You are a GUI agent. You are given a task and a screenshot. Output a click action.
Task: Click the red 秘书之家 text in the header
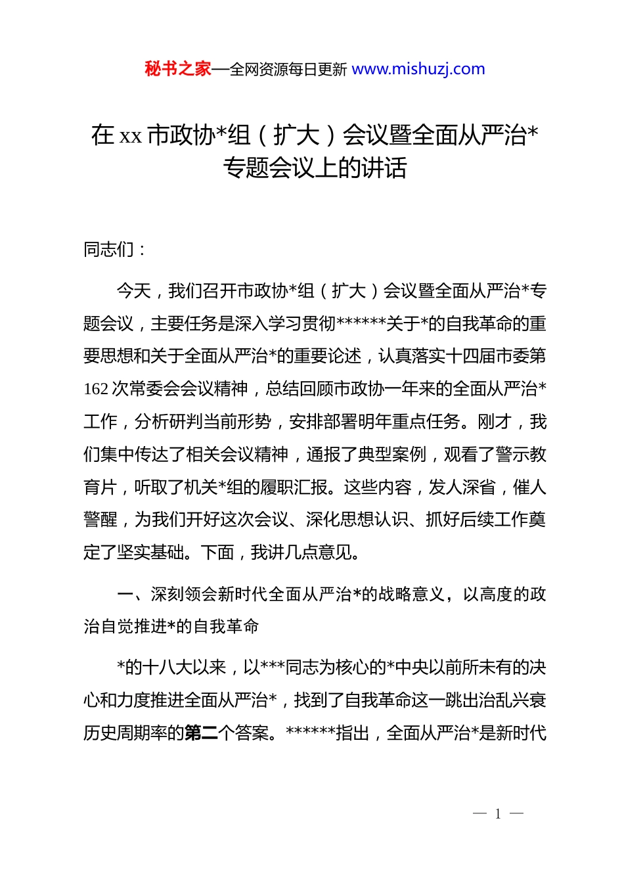point(178,69)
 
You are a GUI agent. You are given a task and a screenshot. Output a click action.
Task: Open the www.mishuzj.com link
point(418,69)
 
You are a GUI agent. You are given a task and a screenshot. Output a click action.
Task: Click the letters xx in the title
point(131,136)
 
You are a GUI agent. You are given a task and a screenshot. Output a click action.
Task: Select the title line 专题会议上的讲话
point(315,168)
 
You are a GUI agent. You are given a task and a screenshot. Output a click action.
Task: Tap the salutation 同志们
point(108,250)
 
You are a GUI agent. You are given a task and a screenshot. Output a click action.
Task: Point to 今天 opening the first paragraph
point(134,291)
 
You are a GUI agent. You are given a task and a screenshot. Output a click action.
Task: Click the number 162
point(96,389)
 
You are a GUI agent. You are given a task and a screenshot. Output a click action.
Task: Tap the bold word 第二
point(201,733)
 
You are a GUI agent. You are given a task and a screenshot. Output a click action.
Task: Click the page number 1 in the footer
point(498,814)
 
